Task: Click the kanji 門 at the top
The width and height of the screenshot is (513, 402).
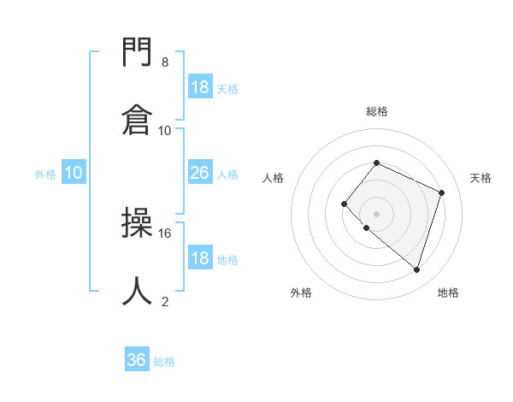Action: [138, 53]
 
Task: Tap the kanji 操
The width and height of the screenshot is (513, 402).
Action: [138, 223]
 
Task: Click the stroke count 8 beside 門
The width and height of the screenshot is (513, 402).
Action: [164, 62]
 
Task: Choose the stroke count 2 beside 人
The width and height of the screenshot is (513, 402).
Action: [164, 301]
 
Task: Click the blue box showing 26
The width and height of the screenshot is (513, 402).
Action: [199, 173]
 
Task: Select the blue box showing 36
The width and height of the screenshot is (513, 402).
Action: [137, 360]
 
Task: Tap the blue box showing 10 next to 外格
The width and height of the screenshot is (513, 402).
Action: [74, 173]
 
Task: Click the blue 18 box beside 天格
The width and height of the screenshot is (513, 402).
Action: [199, 87]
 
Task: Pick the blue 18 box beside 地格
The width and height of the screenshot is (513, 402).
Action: [199, 258]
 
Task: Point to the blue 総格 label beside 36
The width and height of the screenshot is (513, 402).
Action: [164, 362]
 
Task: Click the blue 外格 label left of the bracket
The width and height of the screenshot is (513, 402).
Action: [45, 174]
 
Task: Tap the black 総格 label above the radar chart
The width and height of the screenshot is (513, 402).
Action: [376, 111]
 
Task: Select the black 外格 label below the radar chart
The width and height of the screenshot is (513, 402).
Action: [301, 293]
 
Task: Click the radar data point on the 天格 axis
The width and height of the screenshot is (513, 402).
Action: [441, 192]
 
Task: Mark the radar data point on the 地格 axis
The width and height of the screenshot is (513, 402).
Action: [416, 269]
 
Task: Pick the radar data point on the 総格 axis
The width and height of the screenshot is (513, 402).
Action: [376, 163]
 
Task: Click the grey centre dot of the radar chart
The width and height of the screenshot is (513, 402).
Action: [376, 213]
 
